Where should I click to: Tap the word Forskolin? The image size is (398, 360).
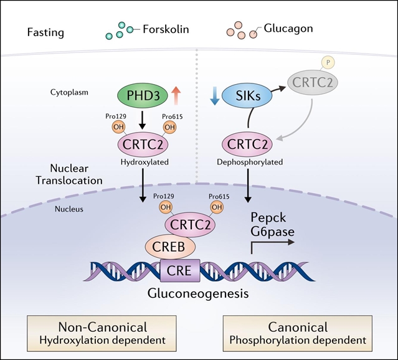pyautogui.click(x=164, y=29)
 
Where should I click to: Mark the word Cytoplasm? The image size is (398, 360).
pyautogui.click(x=68, y=92)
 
